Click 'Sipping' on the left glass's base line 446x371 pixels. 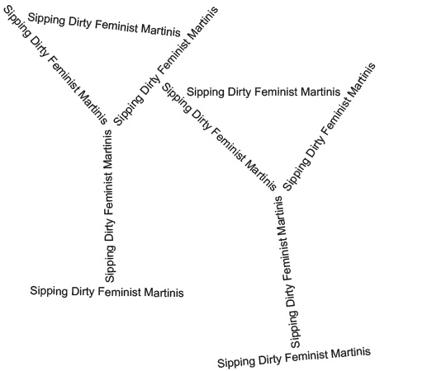coord(49,292)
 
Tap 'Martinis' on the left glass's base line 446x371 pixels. coord(164,293)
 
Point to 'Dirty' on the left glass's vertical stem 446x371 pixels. coord(110,230)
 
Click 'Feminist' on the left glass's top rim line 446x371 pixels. coord(116,26)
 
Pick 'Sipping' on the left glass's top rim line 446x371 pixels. coord(46,20)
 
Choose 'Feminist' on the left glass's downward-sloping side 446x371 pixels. coord(64,74)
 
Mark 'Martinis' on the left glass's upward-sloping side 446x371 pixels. coord(203,23)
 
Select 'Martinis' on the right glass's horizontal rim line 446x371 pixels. coord(320,92)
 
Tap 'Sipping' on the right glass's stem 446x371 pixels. coord(294,329)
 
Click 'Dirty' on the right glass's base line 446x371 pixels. coord(270,360)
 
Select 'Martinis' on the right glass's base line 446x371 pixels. coord(351,353)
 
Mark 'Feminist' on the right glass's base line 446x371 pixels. coord(306,356)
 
